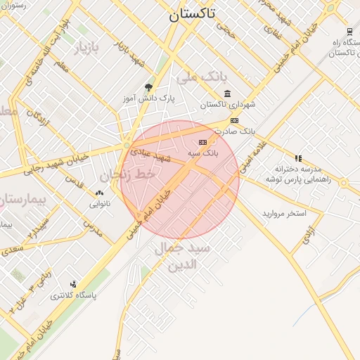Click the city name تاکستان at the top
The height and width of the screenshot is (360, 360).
192,13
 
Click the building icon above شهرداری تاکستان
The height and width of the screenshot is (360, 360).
227,94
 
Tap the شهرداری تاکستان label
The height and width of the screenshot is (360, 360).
227,105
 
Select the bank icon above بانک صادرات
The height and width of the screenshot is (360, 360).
234,120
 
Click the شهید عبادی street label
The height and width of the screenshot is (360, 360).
150,155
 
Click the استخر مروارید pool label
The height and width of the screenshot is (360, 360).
285,212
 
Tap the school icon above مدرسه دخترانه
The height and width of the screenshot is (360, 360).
298,158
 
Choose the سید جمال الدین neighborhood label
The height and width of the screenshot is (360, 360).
182,257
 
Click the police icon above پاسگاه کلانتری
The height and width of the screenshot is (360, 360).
73,284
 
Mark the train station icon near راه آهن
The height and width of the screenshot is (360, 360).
349,31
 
